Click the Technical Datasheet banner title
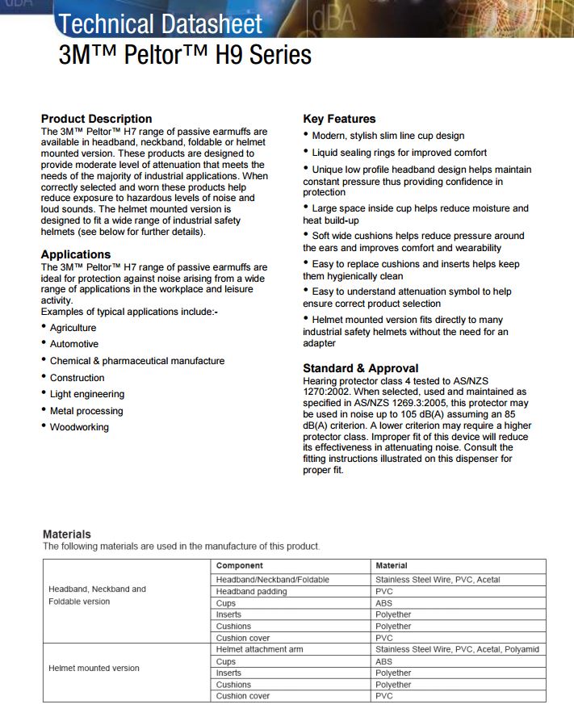[x=161, y=24]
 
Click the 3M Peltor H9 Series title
[x=185, y=55]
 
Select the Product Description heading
[x=96, y=119]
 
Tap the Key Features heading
[x=339, y=119]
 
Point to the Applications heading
[x=76, y=254]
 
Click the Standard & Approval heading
[x=360, y=368]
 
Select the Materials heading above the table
[x=67, y=534]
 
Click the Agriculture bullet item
[x=73, y=328]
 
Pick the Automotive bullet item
[x=74, y=344]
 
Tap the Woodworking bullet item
[x=79, y=427]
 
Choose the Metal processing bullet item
[x=86, y=411]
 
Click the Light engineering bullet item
[x=87, y=394]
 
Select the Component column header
[x=240, y=566]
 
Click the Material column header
[x=392, y=566]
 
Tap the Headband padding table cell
[x=251, y=592]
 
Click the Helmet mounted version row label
[x=94, y=668]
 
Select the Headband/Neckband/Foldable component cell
[x=272, y=580]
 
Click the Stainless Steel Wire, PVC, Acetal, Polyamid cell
[x=457, y=649]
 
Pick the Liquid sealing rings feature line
[x=400, y=153]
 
